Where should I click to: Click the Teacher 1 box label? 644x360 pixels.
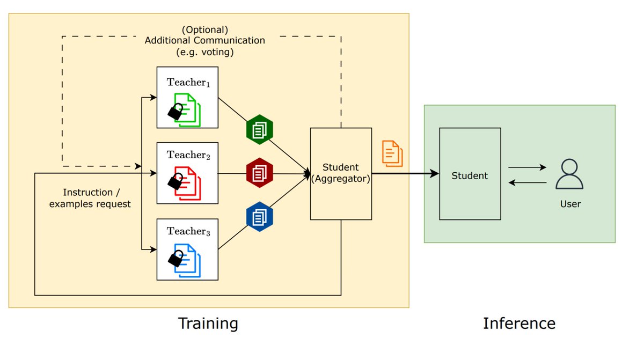coord(187,83)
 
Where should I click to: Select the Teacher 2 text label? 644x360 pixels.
coord(187,155)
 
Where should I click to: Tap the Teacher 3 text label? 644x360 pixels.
coord(187,231)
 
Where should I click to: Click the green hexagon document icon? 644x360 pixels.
coord(260,129)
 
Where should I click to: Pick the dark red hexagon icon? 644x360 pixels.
coord(260,173)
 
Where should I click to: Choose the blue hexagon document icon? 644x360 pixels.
coord(260,216)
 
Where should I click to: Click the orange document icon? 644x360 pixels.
coord(392,153)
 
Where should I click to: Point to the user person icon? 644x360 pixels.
coord(569,174)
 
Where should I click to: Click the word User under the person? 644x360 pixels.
coord(570,204)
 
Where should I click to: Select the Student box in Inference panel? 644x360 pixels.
coord(470,175)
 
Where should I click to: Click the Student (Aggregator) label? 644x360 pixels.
coord(341,173)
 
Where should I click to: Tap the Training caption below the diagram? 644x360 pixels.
coord(208,324)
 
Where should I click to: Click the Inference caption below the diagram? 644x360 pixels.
coord(519,324)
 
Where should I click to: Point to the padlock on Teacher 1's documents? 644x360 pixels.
coord(175,111)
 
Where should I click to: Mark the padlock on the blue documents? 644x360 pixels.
coord(175,259)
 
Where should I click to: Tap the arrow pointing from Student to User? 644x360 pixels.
coord(527,167)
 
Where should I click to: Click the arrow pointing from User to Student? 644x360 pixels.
coord(527,183)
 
